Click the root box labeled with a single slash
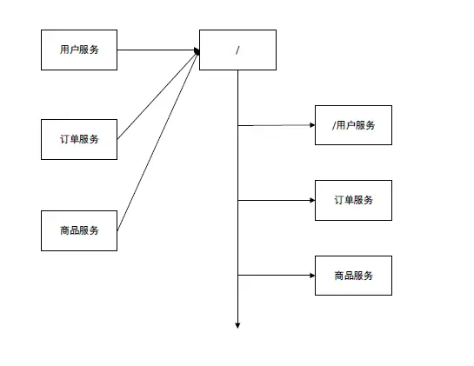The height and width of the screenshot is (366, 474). coord(237,50)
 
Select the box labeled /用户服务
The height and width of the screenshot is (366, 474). coord(353,125)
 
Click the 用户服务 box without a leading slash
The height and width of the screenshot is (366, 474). coord(79,50)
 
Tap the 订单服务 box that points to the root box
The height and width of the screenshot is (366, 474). coord(79,139)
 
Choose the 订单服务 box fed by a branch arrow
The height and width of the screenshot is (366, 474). coord(353,200)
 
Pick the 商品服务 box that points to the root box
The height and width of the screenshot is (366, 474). coord(79,230)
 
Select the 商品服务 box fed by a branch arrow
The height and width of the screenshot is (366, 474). coord(353,276)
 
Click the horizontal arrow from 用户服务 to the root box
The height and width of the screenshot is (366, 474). coord(157,50)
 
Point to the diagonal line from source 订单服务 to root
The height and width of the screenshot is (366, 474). coord(157,96)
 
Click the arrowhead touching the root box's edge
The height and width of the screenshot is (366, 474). coord(197,51)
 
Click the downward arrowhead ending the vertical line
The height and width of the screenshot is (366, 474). coord(237,325)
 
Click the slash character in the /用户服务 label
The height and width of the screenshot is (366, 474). coord(334,125)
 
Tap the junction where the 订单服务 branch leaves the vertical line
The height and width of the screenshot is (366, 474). coord(237,200)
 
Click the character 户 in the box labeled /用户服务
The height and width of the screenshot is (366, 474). coord(350,125)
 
